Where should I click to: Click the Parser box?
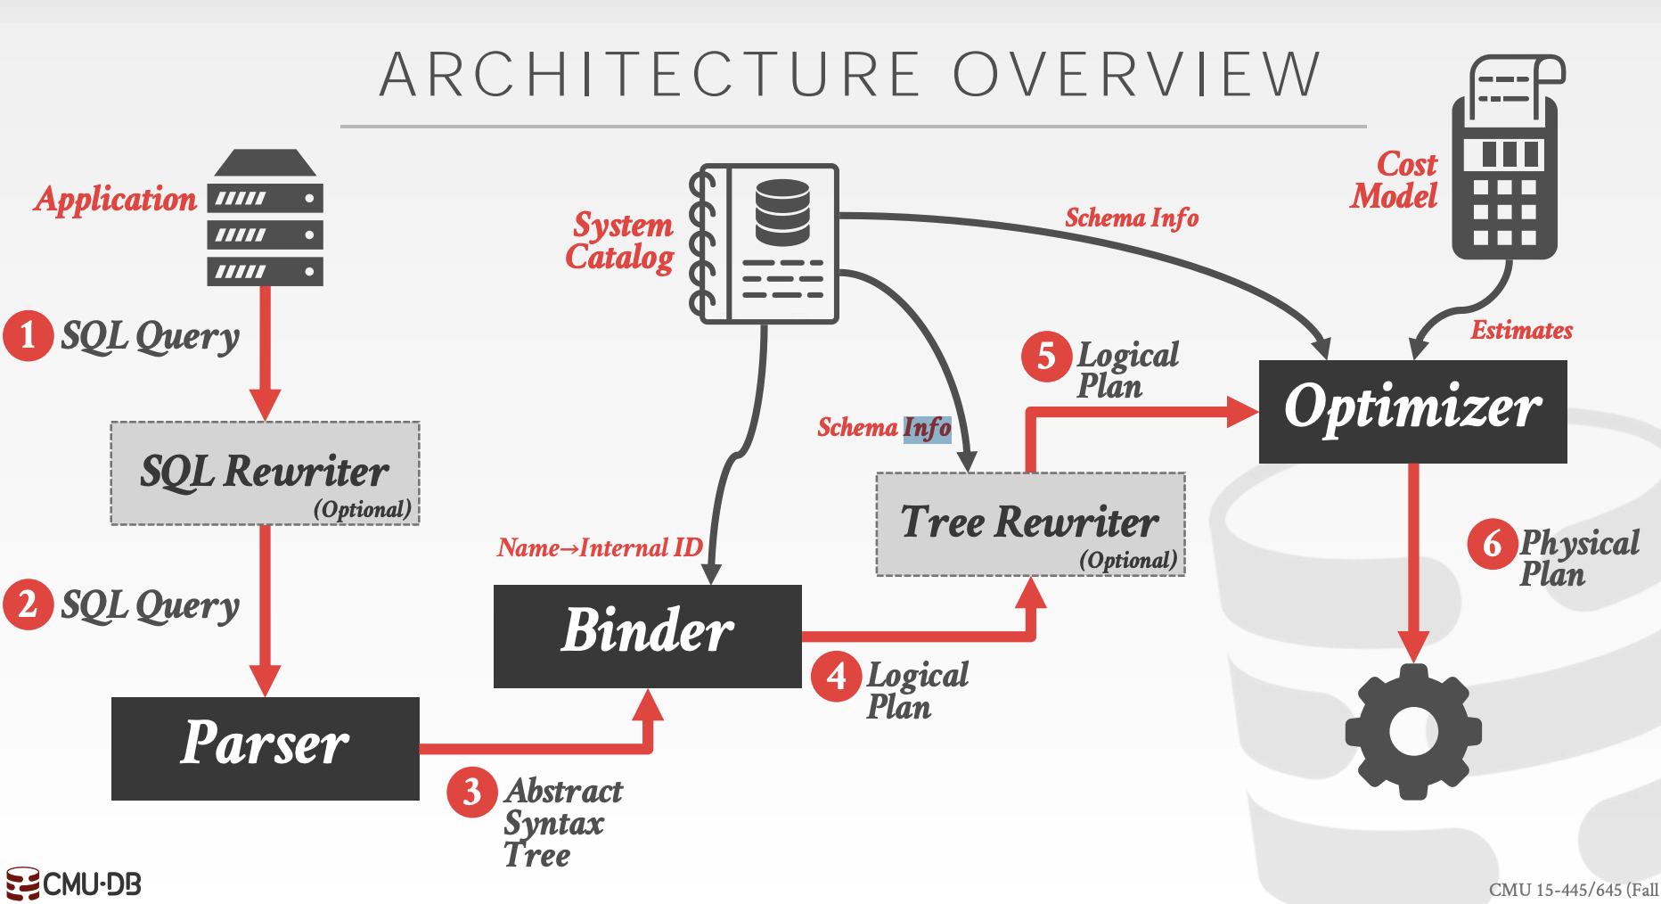[x=265, y=747]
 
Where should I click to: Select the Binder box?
[x=647, y=635]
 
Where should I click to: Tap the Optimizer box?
[x=1412, y=410]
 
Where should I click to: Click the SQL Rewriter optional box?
[x=265, y=473]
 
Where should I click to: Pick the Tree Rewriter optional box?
[x=1030, y=523]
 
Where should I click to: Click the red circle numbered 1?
[x=29, y=335]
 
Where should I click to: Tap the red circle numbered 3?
[x=472, y=791]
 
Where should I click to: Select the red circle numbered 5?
[x=1046, y=357]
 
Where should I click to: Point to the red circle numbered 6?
[x=1493, y=543]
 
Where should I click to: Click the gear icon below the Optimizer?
[x=1413, y=731]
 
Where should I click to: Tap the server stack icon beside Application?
[x=265, y=218]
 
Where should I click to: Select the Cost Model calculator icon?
[x=1506, y=160]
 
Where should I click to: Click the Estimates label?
[x=1521, y=331]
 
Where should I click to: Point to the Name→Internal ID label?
[x=600, y=547]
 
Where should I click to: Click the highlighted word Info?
[x=927, y=429]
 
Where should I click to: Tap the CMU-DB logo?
[x=73, y=883]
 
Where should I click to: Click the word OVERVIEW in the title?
[x=1137, y=74]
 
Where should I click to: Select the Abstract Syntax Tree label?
[x=561, y=823]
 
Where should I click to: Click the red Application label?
[x=116, y=199]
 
